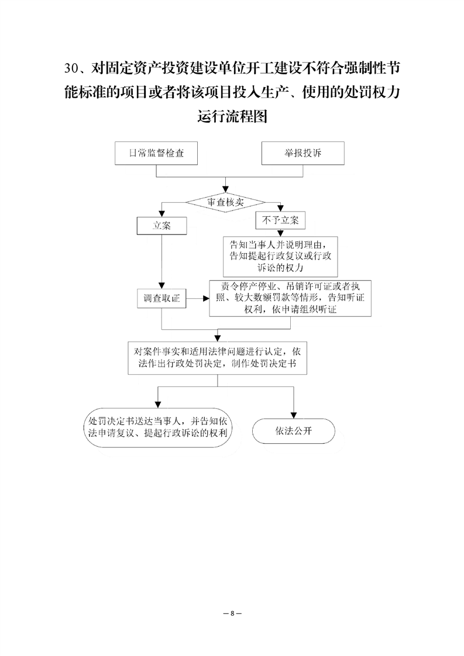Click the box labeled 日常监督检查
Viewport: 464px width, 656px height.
(x=156, y=153)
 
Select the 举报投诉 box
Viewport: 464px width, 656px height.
(x=303, y=153)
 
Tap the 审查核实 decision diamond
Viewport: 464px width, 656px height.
(x=226, y=202)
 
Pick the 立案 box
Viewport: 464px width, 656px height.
(x=161, y=226)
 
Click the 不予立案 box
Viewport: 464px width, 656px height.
(x=280, y=220)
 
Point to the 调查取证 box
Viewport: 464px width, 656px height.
(x=161, y=298)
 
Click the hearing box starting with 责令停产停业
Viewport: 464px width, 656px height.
(x=290, y=298)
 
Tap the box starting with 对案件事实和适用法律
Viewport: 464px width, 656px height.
(x=217, y=358)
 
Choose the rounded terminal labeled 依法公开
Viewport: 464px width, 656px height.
(x=294, y=431)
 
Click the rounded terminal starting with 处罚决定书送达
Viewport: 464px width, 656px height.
(x=158, y=427)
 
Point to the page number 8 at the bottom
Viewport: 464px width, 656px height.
(x=232, y=613)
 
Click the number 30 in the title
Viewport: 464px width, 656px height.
(x=71, y=68)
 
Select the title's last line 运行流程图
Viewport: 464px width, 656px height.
(x=232, y=116)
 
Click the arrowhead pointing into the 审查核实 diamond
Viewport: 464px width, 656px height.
(x=226, y=190)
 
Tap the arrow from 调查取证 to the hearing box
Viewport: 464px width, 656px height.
(x=198, y=298)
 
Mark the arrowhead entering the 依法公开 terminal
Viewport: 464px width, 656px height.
(x=294, y=416)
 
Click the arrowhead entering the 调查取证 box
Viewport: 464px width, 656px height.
(x=161, y=286)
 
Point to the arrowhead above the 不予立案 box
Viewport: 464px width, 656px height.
(x=280, y=208)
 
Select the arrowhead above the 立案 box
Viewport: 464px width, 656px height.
(x=161, y=214)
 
